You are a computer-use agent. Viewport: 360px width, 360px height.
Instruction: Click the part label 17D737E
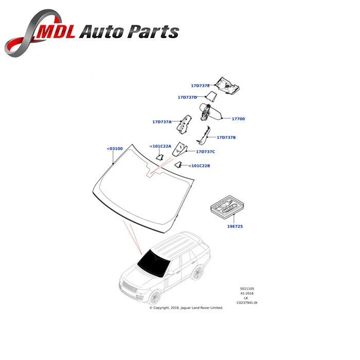(200, 85)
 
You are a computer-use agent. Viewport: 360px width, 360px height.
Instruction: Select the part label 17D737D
(187, 97)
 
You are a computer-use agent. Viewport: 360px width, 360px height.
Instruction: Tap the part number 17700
(238, 119)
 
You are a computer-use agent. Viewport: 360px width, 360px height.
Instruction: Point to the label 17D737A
(161, 122)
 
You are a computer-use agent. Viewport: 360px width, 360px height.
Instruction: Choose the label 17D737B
(226, 137)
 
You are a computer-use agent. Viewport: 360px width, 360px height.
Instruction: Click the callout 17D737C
(205, 152)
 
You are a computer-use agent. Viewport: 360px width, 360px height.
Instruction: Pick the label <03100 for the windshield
(115, 149)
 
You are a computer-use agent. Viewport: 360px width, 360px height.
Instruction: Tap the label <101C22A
(160, 146)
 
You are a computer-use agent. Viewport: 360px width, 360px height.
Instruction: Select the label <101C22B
(199, 166)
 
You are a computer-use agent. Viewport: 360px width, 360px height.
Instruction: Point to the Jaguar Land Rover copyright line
(186, 308)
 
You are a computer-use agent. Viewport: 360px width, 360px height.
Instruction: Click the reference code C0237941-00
(246, 303)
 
